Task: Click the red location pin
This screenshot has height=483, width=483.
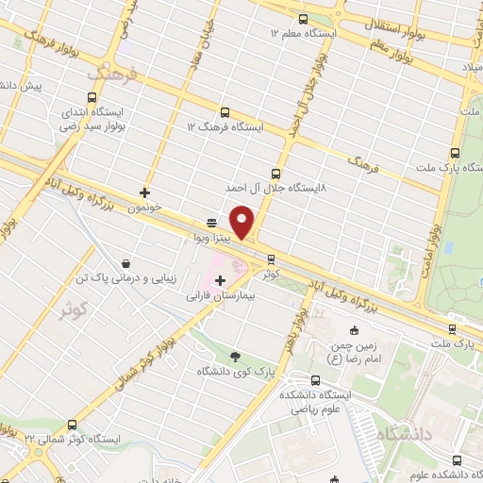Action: (x=242, y=221)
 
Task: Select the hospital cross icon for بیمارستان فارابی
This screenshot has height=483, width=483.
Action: (x=221, y=280)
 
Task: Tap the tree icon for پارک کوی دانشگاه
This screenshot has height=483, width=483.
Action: (x=235, y=356)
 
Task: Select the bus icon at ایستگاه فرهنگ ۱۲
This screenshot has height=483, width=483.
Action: (x=224, y=112)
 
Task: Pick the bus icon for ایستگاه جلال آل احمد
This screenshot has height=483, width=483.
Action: (x=275, y=173)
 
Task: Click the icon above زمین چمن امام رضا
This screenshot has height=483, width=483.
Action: (x=354, y=330)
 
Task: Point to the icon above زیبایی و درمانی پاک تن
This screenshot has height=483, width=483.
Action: (x=125, y=265)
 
